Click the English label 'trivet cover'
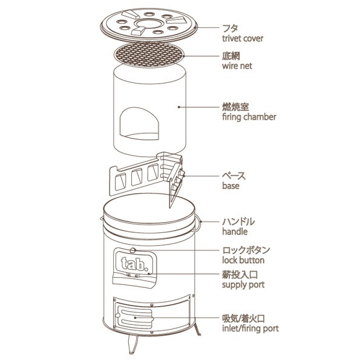click(x=243, y=39)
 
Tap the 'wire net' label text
click(x=237, y=66)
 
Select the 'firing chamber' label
click(x=249, y=117)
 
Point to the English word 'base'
click(x=231, y=186)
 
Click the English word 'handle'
click(x=235, y=231)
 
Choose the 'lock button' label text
click(x=243, y=260)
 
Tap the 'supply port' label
click(x=243, y=285)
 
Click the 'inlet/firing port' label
click(x=250, y=329)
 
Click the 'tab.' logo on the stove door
click(x=134, y=264)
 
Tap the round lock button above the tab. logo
click(x=132, y=250)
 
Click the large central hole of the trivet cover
click(x=148, y=24)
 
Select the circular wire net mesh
click(x=149, y=55)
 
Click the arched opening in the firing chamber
click(x=139, y=123)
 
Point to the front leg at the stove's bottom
click(x=132, y=344)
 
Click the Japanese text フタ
click(x=230, y=28)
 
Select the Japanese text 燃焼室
click(x=236, y=107)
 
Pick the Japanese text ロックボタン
click(x=246, y=250)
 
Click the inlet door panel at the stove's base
click(x=135, y=317)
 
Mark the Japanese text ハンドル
click(x=238, y=222)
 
